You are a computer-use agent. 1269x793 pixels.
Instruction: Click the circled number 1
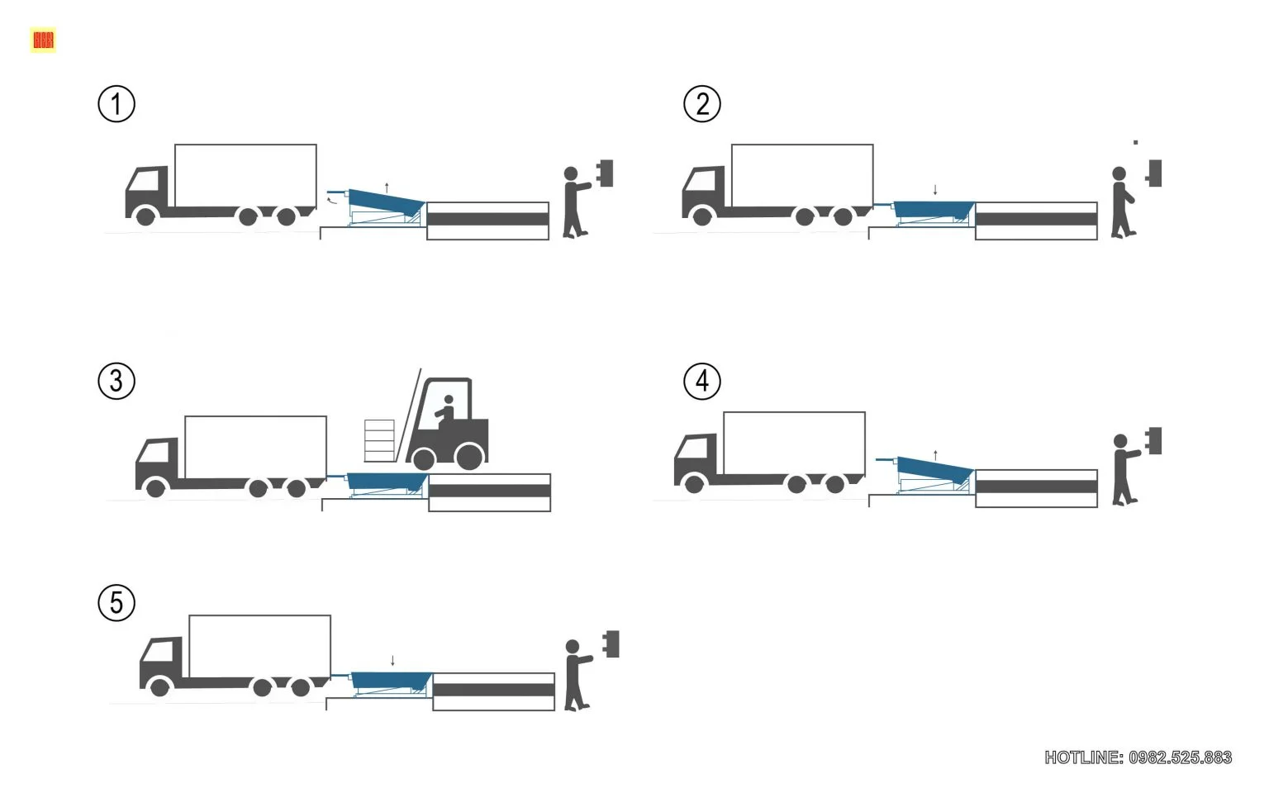coord(116,104)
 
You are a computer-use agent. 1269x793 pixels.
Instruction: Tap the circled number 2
coord(702,104)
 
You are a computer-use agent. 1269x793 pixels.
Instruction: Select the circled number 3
coord(116,381)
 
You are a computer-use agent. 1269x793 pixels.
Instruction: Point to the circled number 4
coord(702,381)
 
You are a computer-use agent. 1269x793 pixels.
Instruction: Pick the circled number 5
coord(116,602)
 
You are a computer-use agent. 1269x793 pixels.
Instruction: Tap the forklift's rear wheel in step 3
coord(469,456)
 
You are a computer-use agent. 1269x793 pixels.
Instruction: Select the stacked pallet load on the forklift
coord(380,440)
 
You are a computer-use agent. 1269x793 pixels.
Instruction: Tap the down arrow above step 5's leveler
coord(392,660)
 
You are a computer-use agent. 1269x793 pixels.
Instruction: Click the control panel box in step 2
coord(1155,173)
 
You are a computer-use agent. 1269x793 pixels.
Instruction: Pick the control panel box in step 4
coord(1154,440)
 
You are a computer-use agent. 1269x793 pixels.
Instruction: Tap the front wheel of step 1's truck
coord(145,216)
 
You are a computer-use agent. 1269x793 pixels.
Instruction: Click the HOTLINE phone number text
coord(1138,757)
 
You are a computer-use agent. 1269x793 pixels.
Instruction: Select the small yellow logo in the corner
coord(43,40)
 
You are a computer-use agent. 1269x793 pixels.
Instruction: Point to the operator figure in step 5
coord(576,674)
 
